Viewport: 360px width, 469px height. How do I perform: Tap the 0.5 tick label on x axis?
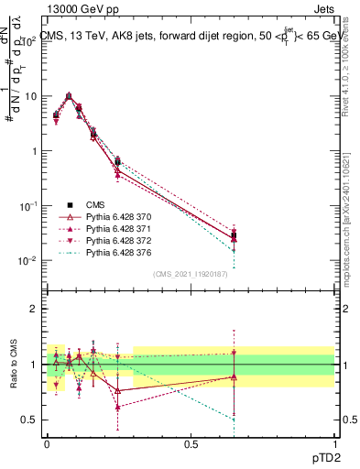coord(191,443)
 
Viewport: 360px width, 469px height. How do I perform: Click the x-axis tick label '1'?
coord(334,443)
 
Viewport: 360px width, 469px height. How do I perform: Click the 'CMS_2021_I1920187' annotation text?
coord(190,274)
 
